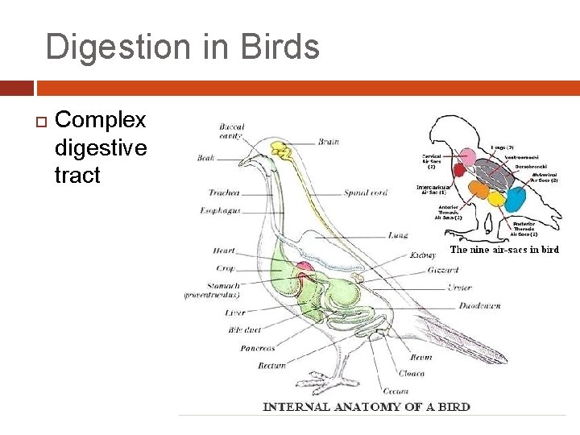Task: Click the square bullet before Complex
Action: point(39,122)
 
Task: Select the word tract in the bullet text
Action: point(77,175)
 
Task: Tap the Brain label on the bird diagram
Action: point(329,142)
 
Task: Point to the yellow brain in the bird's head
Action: point(281,150)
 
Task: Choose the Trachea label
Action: point(223,193)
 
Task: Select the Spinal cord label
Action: point(365,193)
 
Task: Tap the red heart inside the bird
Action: point(304,268)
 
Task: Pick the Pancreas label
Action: point(257,348)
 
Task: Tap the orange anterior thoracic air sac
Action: point(478,190)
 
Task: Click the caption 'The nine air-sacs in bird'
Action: point(504,250)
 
